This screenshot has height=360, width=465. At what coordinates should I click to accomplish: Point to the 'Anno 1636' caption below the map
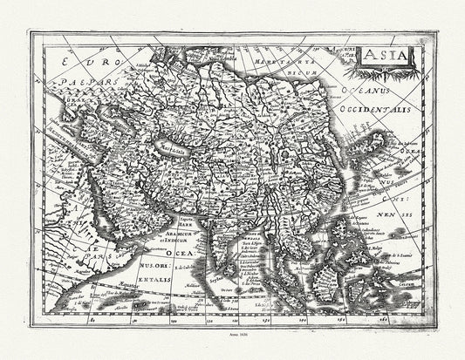click(x=232, y=347)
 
